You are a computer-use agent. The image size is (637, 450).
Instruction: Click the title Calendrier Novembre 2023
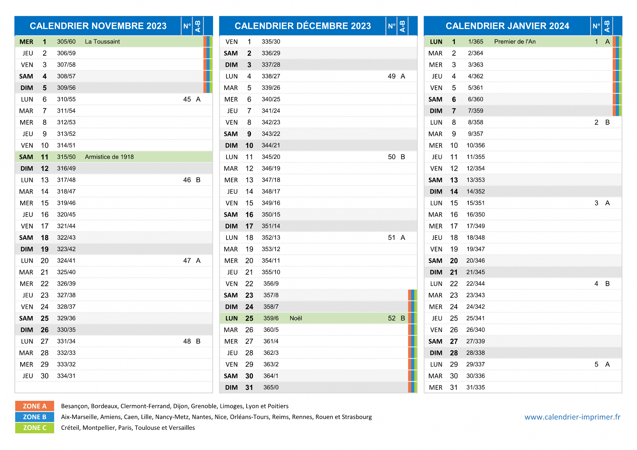coord(98,26)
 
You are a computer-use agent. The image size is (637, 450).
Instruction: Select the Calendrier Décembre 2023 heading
coord(303,26)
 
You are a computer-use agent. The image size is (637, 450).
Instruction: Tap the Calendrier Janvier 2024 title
coord(507,26)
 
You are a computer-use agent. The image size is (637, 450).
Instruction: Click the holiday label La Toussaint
coord(102,42)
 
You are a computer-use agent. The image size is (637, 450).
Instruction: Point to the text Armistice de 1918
coord(109,157)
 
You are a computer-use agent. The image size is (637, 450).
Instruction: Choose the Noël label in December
coord(296,318)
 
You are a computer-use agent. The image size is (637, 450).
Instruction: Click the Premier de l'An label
coord(515,42)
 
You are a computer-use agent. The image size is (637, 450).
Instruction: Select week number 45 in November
coord(187,99)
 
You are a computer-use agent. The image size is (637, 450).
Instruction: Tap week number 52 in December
coord(392,318)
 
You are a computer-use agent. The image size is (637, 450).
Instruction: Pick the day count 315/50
coord(66,157)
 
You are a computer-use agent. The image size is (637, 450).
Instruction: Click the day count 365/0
coord(271,388)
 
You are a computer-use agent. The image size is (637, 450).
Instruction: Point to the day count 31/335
coord(476,388)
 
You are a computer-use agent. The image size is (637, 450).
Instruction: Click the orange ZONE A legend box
coord(35,406)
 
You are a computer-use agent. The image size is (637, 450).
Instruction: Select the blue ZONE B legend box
coord(35,417)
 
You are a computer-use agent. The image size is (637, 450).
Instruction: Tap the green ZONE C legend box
coord(35,428)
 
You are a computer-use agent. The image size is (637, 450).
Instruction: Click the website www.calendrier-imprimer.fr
coord(572,417)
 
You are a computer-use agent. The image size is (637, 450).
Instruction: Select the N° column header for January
coord(596,26)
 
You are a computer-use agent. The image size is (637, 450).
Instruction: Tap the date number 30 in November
coord(44,376)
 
